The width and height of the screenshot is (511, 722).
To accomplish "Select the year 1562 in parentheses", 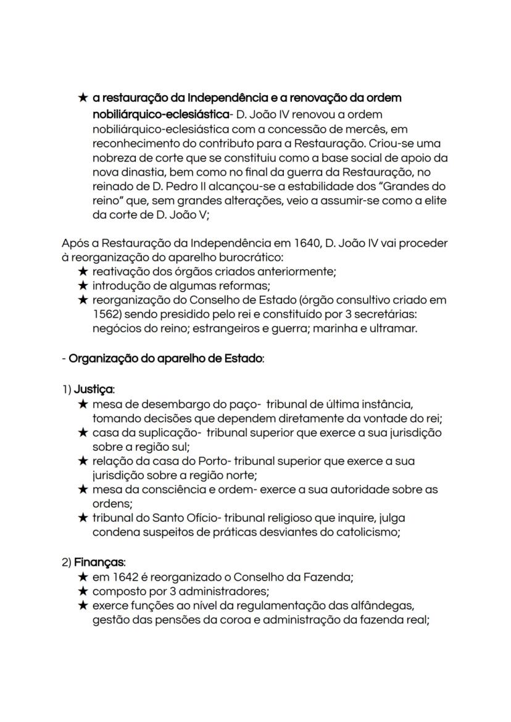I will click(107, 314).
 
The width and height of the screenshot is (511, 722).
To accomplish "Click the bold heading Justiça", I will click(94, 390).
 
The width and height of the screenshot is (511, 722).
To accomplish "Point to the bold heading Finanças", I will click(99, 563).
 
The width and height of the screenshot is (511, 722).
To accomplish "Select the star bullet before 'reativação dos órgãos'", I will click(83, 271).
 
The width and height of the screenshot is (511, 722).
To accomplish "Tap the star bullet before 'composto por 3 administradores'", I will click(83, 592).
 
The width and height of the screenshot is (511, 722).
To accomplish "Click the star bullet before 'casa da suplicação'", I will click(83, 433).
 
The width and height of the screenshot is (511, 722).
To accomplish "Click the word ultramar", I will click(394, 328).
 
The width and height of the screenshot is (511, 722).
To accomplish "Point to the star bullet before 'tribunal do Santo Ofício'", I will click(83, 518).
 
